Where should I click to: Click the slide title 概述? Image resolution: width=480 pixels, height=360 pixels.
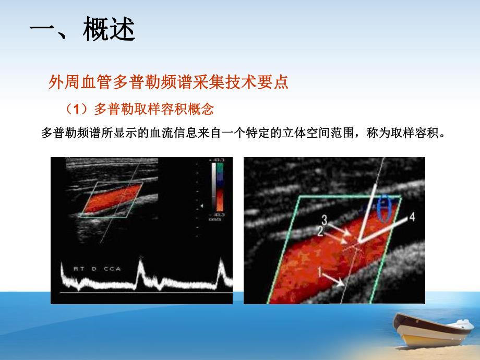[109, 31]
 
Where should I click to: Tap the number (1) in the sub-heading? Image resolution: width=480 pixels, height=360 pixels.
[76, 109]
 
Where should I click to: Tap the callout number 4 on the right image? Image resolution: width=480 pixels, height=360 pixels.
[412, 218]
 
